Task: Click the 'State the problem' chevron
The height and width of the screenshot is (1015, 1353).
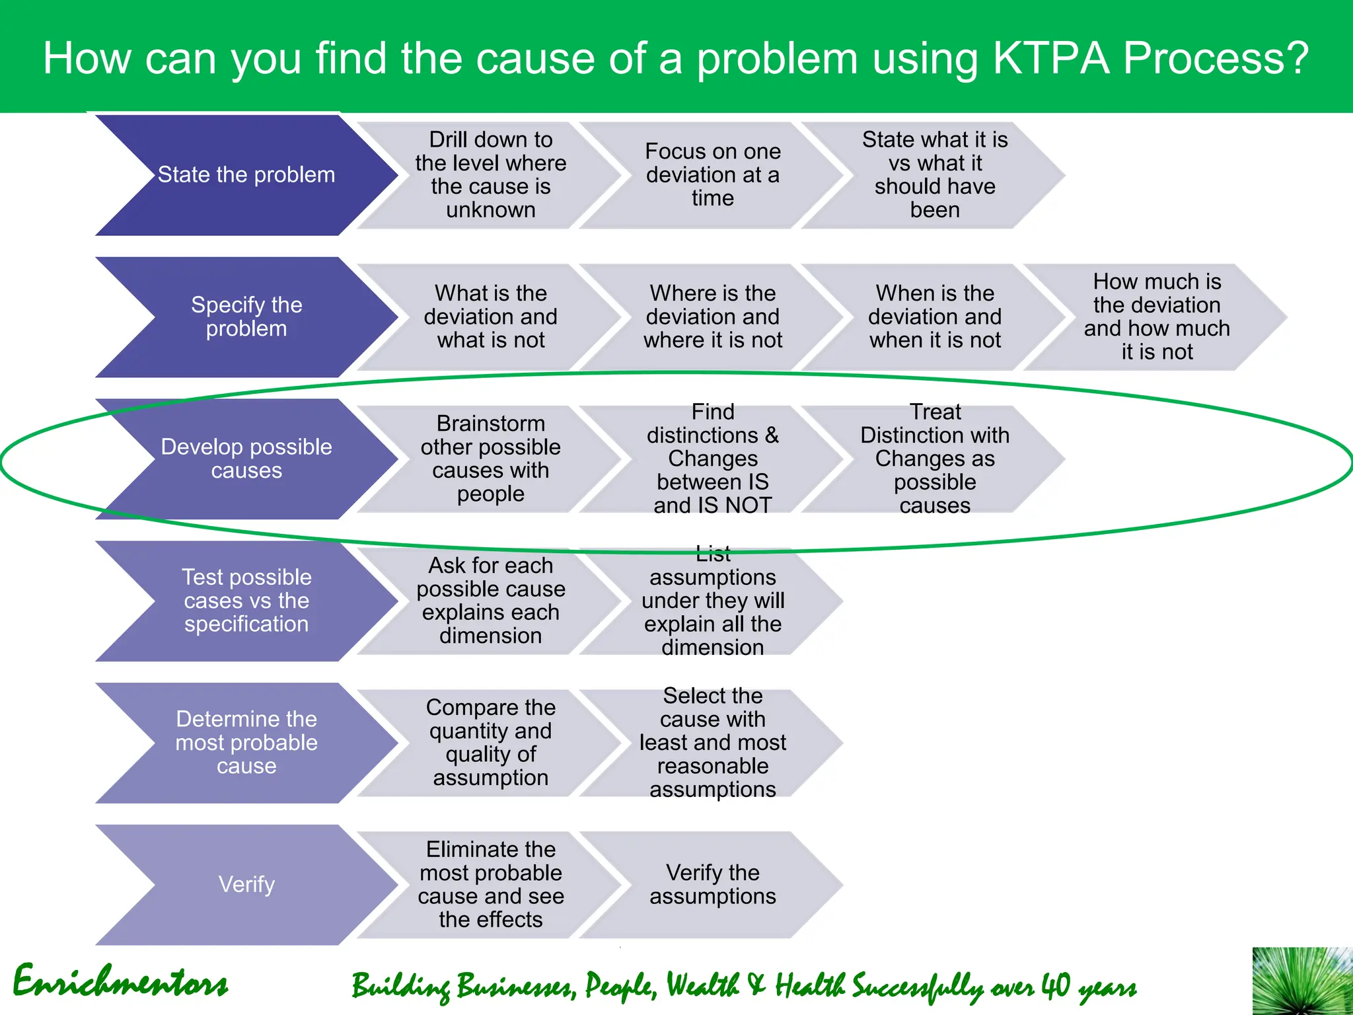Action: pos(246,175)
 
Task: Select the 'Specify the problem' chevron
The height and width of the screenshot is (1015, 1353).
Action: pos(246,317)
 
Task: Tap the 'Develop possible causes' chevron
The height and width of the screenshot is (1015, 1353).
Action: pos(246,459)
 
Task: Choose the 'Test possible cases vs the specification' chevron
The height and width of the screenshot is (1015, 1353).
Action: pos(246,601)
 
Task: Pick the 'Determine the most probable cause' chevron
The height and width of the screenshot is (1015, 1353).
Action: pos(246,743)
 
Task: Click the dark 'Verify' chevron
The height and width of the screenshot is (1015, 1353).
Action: pos(246,884)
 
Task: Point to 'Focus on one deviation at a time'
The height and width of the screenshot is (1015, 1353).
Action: pos(712,175)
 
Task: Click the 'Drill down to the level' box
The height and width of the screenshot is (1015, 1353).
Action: pos(490,175)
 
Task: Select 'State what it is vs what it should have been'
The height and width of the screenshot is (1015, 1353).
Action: pos(934,175)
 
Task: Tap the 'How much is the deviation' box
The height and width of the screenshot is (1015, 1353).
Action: pos(1156,317)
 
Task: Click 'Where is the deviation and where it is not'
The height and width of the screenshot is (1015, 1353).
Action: pos(712,317)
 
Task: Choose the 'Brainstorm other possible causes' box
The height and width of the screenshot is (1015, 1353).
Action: pos(490,459)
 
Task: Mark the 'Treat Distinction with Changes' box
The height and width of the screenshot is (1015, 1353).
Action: pos(934,459)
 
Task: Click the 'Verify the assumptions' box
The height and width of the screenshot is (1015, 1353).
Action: pos(712,884)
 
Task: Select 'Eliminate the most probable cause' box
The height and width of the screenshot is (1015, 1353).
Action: pos(490,884)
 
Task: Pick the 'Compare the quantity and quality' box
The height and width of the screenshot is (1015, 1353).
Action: pos(490,743)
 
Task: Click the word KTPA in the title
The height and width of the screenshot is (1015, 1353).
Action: pos(1052,58)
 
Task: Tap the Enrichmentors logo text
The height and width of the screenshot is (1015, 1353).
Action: pos(120,982)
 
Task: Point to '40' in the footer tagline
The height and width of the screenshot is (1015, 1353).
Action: pos(1056,986)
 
